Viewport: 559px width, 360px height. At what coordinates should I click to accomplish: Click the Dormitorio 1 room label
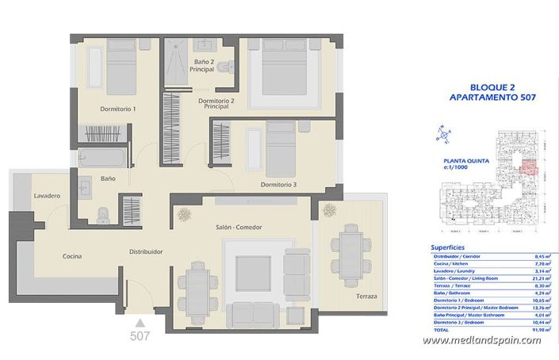[x=117, y=109]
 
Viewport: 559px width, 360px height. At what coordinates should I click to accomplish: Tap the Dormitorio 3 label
[x=278, y=185]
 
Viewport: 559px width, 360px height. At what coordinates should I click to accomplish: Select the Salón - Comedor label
[x=238, y=228]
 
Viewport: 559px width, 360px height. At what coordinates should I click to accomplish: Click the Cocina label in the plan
[x=75, y=256]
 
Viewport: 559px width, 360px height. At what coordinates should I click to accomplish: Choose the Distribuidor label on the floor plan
[x=147, y=251]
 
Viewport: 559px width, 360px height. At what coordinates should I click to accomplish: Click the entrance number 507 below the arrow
[x=140, y=336]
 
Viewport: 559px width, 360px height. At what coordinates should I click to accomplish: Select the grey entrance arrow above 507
[x=140, y=322]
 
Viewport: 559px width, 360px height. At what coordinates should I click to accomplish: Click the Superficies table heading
[x=447, y=247]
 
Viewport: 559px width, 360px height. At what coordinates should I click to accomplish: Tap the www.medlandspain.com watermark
[x=481, y=341]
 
